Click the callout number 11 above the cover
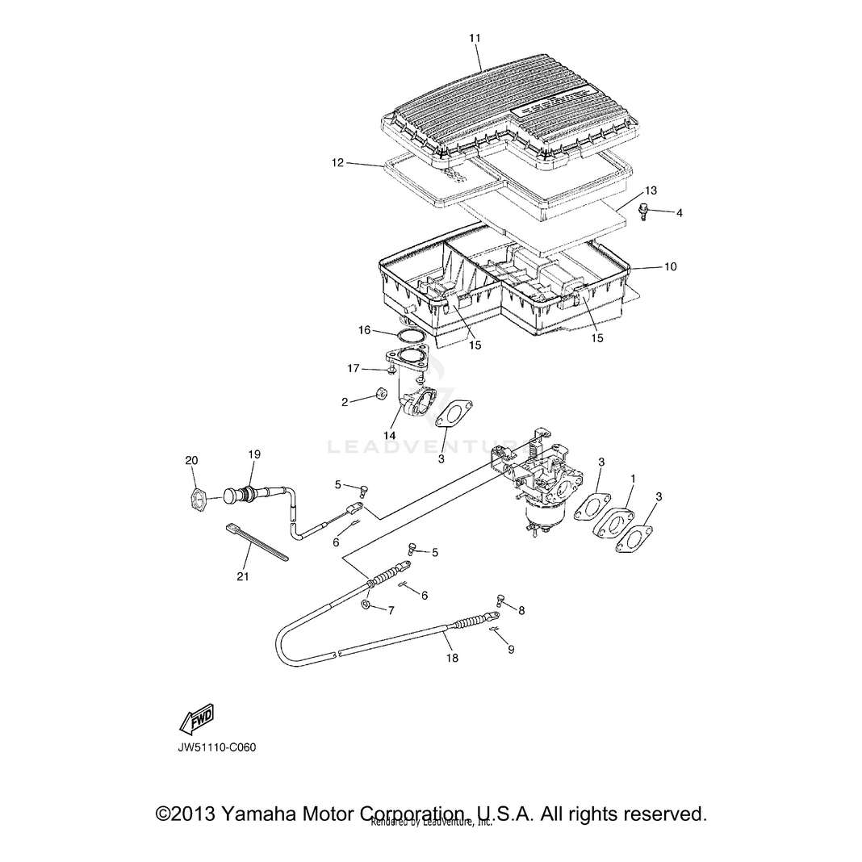[475, 38]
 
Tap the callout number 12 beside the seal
[337, 162]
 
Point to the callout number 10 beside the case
[670, 266]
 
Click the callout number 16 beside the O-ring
[365, 330]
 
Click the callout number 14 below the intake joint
[390, 435]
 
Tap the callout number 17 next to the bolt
[353, 369]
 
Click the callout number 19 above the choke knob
[254, 454]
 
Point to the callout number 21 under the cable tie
[243, 576]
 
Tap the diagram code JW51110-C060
[217, 747]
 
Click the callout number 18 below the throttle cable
[452, 658]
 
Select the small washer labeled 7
[367, 605]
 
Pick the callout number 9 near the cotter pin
[510, 648]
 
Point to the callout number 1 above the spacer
[633, 479]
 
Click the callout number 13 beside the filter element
[651, 190]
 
